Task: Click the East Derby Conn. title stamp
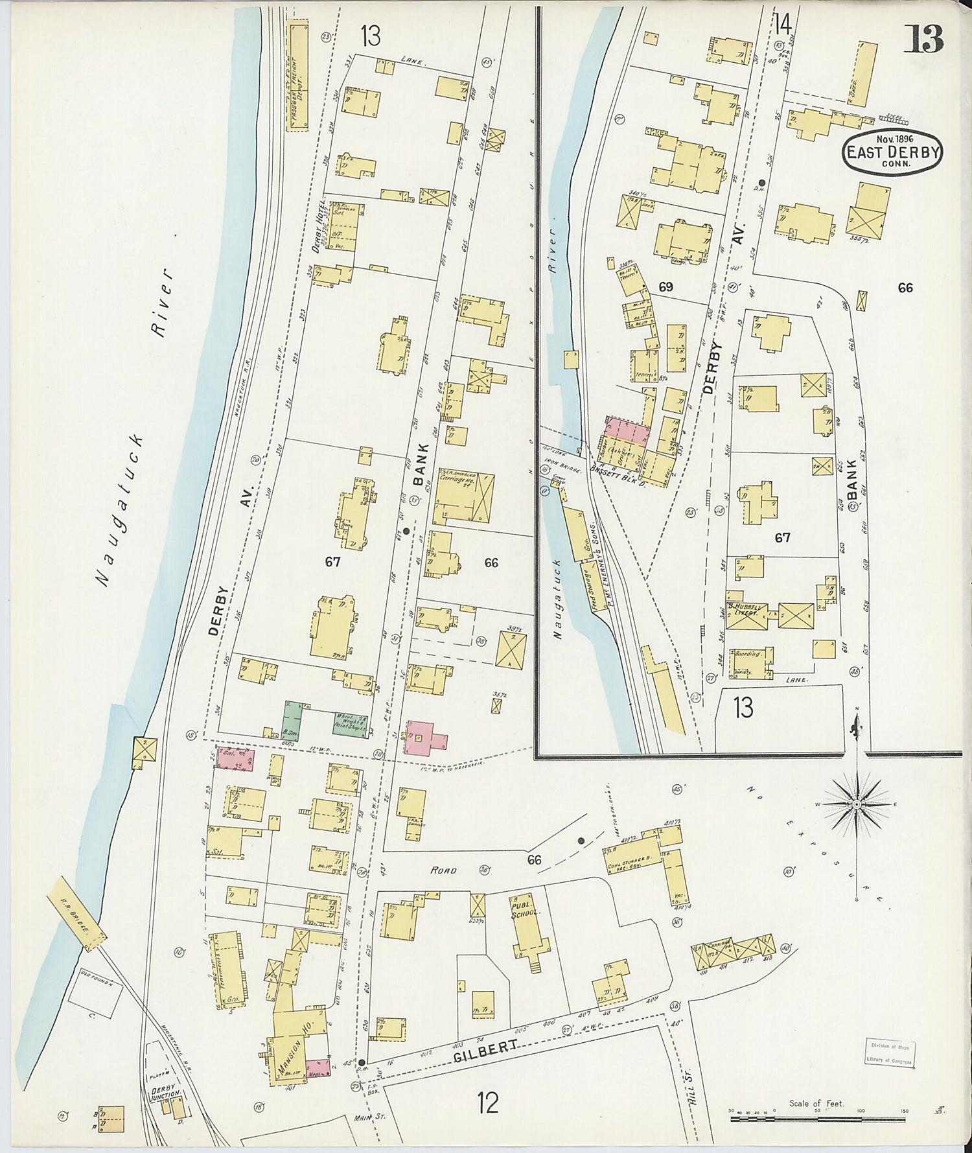point(893,150)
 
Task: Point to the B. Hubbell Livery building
point(747,616)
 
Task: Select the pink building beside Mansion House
point(317,1067)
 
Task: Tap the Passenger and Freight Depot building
point(299,78)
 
